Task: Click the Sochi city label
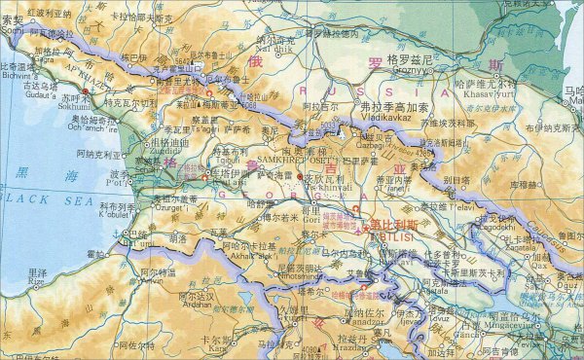[12, 29]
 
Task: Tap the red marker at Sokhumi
[86, 91]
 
